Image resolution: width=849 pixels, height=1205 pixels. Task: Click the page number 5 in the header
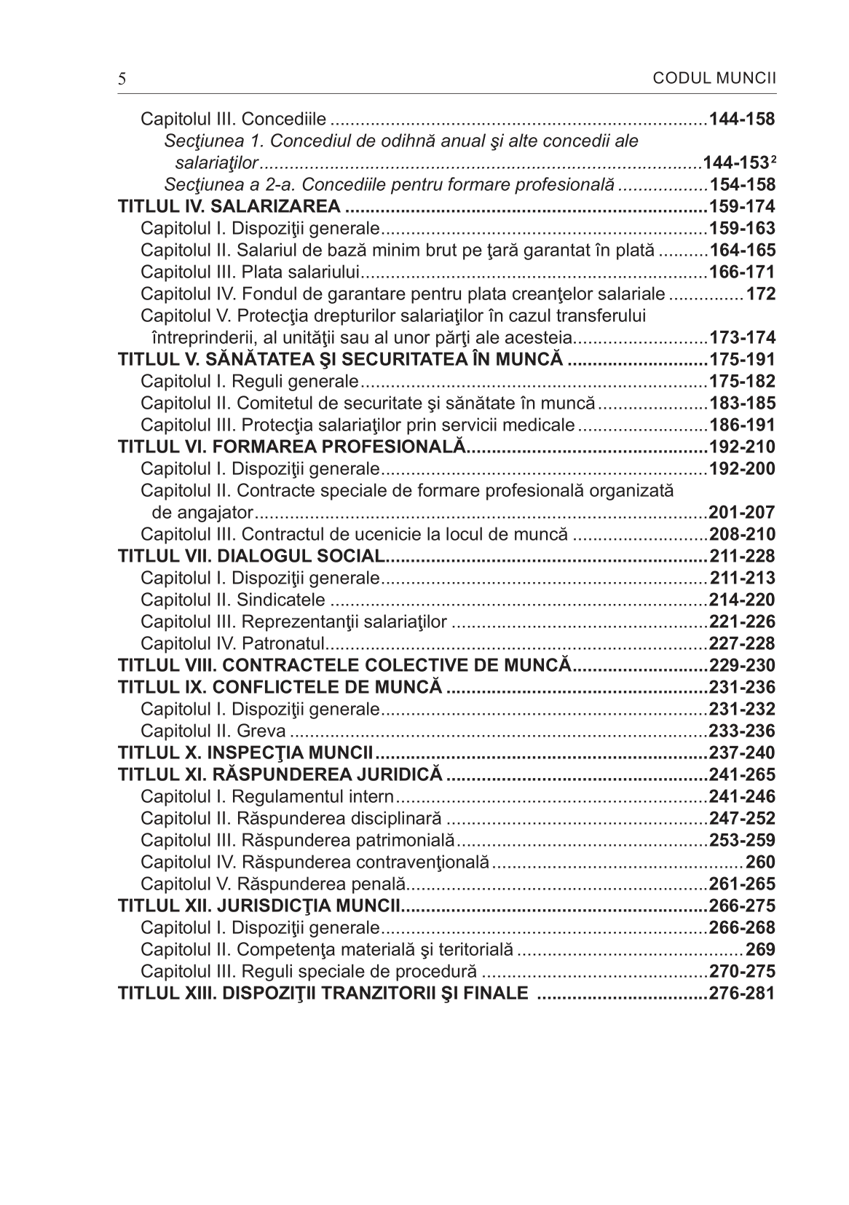pos(122,79)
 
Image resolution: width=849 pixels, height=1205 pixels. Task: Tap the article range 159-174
pos(742,206)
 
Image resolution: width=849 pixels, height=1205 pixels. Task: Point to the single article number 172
pos(760,294)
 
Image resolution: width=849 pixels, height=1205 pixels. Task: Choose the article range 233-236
pos(742,731)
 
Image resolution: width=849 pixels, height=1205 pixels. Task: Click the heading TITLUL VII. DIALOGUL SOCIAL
pos(251,556)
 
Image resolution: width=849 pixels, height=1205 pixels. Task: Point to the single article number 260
pos(760,862)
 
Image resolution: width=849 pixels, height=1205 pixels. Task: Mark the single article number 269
pos(760,949)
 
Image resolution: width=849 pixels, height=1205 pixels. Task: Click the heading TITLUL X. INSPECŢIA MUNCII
pos(246,753)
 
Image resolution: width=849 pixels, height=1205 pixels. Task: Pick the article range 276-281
pos(742,993)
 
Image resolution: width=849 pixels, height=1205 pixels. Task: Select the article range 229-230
pos(742,665)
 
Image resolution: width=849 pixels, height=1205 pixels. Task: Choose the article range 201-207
pos(742,512)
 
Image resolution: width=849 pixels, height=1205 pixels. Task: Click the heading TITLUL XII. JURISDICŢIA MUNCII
pos(260,906)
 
